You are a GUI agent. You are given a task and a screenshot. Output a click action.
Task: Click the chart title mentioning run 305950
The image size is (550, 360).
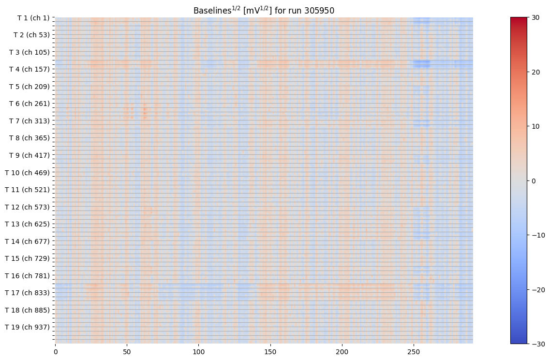(264, 10)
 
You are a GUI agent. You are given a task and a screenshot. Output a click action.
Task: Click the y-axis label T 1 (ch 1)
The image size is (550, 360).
(33, 18)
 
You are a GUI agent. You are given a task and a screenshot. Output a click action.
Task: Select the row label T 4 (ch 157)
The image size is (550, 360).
(30, 69)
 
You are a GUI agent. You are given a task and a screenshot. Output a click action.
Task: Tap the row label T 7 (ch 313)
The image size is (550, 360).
(30, 121)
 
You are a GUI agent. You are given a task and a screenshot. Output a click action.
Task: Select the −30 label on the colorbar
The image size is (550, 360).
(537, 344)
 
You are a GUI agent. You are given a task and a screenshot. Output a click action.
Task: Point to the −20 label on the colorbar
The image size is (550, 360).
(537, 290)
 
